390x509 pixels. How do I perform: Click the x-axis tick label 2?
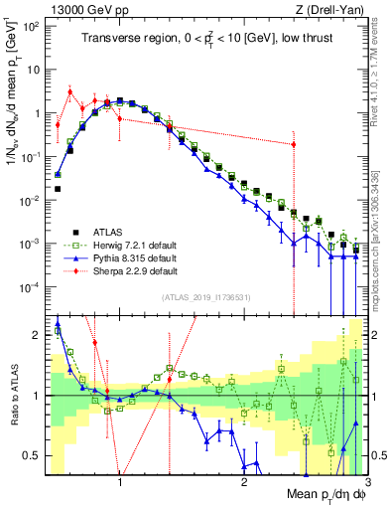click(x=244, y=483)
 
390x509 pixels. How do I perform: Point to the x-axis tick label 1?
click(x=120, y=483)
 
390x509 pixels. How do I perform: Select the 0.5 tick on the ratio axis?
click(x=37, y=455)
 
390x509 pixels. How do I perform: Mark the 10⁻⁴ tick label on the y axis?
click(x=34, y=287)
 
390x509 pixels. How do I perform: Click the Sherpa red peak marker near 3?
click(x=69, y=92)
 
